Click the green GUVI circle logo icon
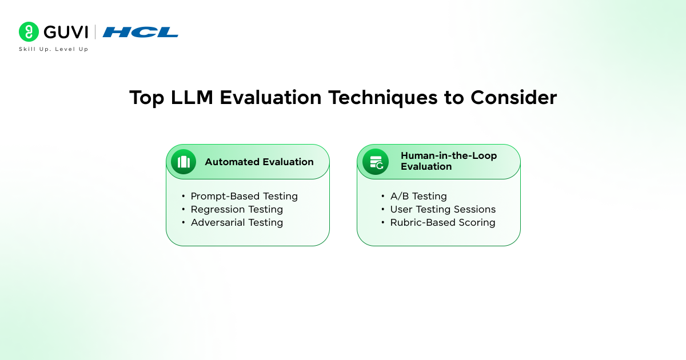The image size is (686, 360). [x=29, y=31]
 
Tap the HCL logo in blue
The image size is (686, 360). [x=140, y=32]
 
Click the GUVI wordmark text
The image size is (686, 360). [x=66, y=32]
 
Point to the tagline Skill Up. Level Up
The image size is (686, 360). [x=54, y=49]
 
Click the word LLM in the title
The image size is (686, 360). [x=192, y=97]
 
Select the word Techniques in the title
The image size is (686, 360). [x=383, y=98]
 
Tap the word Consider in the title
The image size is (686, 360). [x=513, y=97]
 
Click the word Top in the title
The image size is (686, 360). [x=147, y=98]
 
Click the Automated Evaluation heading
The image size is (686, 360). [x=259, y=162]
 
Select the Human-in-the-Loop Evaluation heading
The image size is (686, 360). [x=449, y=161]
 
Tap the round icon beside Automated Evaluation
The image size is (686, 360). [x=184, y=162]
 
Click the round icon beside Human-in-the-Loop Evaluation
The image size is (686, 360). [x=376, y=162]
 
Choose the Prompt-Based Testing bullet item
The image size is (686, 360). [x=244, y=196]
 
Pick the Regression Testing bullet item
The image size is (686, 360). [x=237, y=209]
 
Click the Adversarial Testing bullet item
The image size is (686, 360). [x=237, y=222]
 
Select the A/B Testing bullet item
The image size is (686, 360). [x=418, y=196]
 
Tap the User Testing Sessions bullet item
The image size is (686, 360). [x=443, y=209]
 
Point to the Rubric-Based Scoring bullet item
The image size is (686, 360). [x=442, y=222]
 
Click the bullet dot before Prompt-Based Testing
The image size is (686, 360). [x=183, y=196]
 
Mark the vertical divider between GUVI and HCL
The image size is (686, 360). [x=95, y=32]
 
